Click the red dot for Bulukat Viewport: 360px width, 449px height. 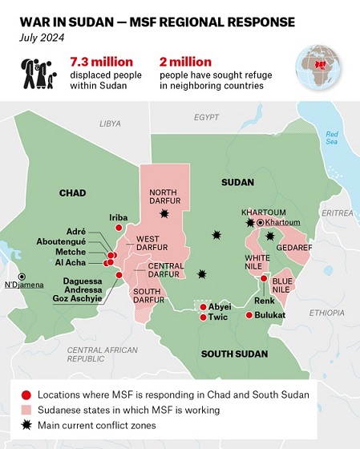pyautogui.click(x=249, y=315)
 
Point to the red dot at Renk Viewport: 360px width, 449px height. pyautogui.click(x=263, y=278)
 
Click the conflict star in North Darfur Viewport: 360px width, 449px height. pyautogui.click(x=165, y=213)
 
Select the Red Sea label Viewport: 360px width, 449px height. pyautogui.click(x=331, y=136)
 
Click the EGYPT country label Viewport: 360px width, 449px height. pyautogui.click(x=206, y=117)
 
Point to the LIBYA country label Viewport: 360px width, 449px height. pyautogui.click(x=110, y=123)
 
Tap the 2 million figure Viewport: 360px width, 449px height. pyautogui.click(x=208, y=61)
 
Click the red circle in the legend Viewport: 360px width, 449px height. pyautogui.click(x=26, y=394)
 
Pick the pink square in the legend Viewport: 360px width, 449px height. pyautogui.click(x=26, y=410)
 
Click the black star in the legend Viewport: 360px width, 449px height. pyautogui.click(x=26, y=425)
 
